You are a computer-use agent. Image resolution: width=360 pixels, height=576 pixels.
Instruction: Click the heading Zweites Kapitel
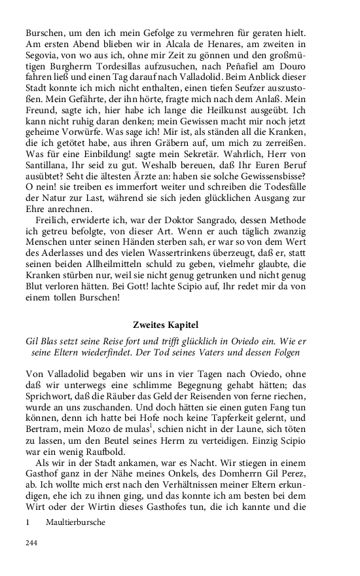click(179, 325)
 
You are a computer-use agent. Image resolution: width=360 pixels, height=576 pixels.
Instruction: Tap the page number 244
click(31, 543)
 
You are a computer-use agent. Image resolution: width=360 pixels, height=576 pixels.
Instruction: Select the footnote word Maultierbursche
click(76, 523)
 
